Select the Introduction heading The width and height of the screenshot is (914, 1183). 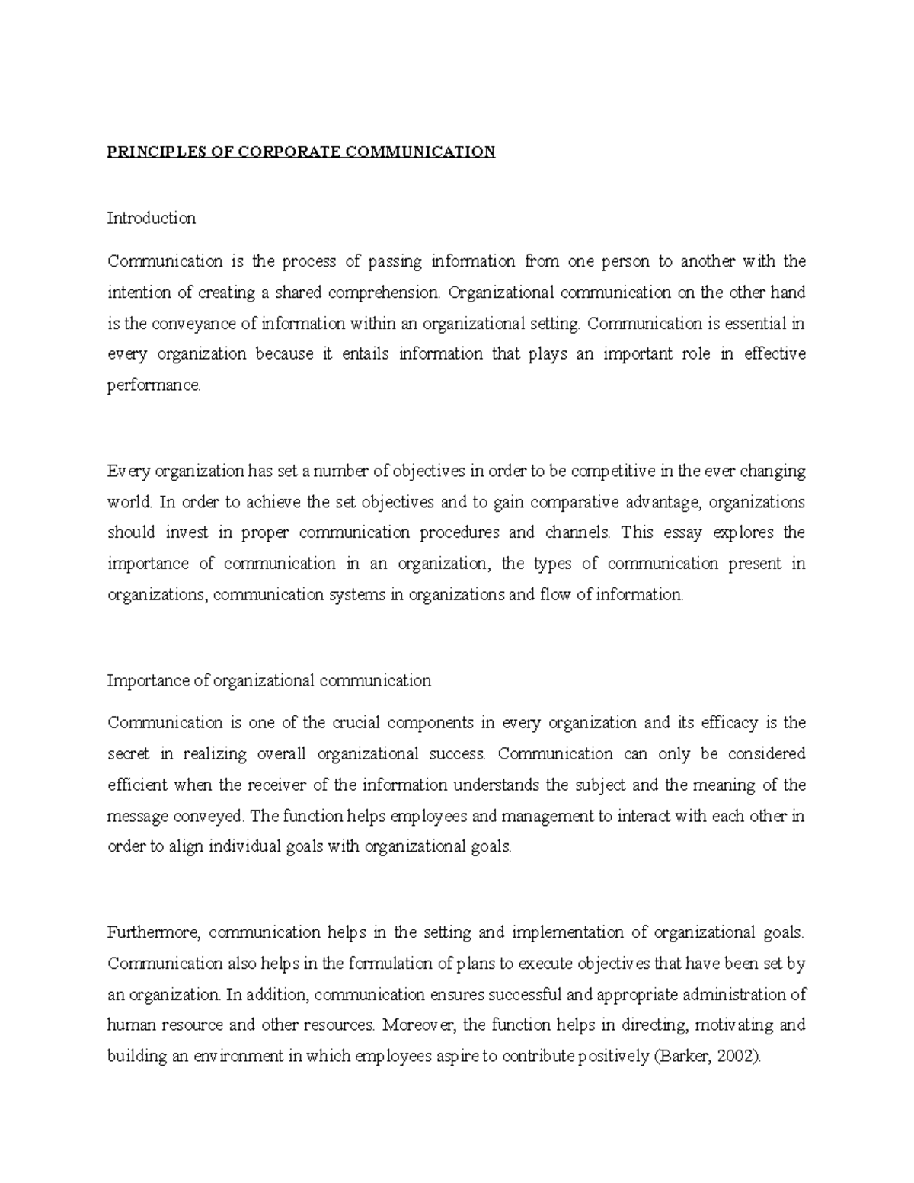click(152, 219)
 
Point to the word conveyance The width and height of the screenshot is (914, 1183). click(193, 324)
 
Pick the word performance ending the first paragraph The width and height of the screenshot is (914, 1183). click(154, 385)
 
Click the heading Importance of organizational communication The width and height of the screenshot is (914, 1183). click(269, 681)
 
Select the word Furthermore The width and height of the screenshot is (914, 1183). click(153, 933)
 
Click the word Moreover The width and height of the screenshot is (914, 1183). click(419, 1025)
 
